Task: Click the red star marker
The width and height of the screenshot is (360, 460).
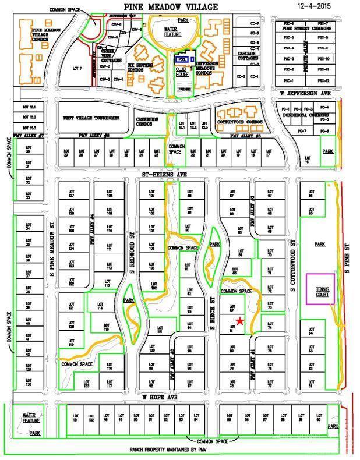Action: click(x=239, y=321)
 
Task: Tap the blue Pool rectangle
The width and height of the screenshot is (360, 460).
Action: click(x=182, y=58)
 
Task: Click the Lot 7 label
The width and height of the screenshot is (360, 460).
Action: click(x=76, y=68)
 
